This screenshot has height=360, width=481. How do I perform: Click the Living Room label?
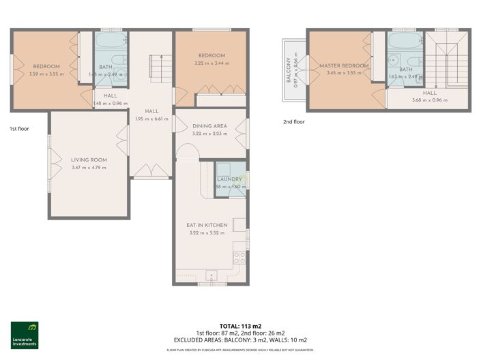coord(89,160)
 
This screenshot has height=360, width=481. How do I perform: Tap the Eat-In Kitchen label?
coord(207,225)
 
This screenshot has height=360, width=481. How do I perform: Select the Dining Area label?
coord(209,126)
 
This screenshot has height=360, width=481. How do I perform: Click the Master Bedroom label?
coord(344,65)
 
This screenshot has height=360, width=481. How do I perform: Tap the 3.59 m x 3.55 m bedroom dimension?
coord(46,73)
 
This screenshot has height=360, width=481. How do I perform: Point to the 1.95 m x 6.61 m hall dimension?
coord(151,118)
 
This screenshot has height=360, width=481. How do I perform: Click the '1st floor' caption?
coord(19,128)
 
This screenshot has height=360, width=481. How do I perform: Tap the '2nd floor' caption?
coord(293,122)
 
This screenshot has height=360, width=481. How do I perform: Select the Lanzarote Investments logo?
coord(25,335)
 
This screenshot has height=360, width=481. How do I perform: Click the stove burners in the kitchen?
coord(239,257)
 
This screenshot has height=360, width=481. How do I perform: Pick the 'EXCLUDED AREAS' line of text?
coord(239,339)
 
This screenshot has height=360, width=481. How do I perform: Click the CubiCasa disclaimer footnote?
coord(239,349)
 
